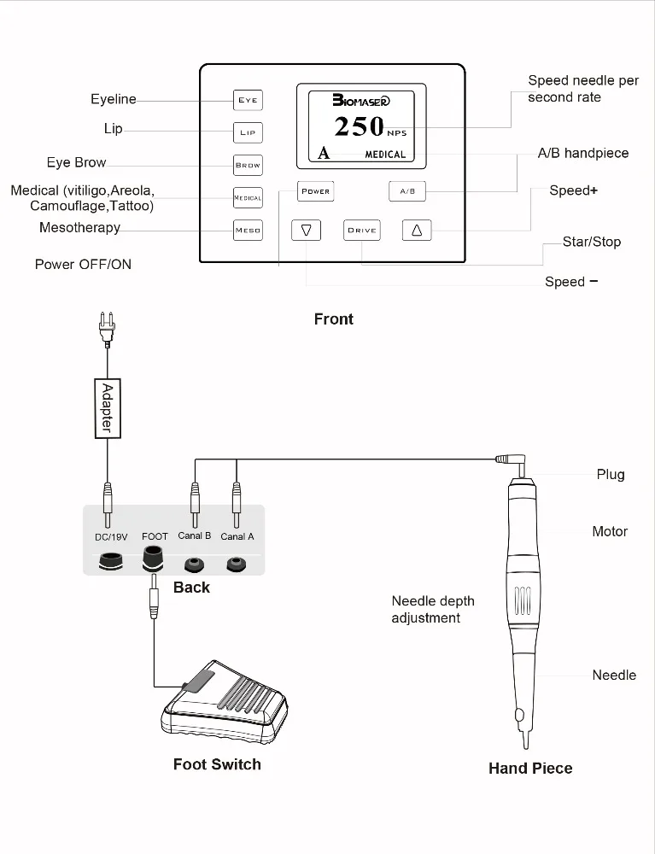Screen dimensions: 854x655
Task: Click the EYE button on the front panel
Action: pyautogui.click(x=248, y=100)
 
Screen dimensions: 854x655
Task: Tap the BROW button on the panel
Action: pyautogui.click(x=248, y=165)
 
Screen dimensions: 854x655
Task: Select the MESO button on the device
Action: pyautogui.click(x=248, y=230)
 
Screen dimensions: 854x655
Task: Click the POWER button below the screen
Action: pyautogui.click(x=315, y=191)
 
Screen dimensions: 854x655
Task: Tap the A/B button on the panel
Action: pyautogui.click(x=407, y=191)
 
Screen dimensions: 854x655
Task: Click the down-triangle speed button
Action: pyautogui.click(x=306, y=230)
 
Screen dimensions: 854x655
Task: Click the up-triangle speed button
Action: pyautogui.click(x=417, y=230)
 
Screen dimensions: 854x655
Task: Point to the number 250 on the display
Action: pyautogui.click(x=359, y=126)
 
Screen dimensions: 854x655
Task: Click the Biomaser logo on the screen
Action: pyautogui.click(x=361, y=100)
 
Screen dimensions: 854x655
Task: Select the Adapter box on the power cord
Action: pyautogui.click(x=108, y=407)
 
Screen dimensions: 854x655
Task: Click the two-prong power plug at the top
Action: pyautogui.click(x=107, y=330)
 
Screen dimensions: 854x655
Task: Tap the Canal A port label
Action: pyautogui.click(x=237, y=536)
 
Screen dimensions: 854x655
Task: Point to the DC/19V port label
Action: pyautogui.click(x=110, y=537)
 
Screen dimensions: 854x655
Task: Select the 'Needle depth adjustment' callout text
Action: pyautogui.click(x=433, y=609)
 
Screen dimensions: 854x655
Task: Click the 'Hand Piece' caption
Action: pyautogui.click(x=530, y=768)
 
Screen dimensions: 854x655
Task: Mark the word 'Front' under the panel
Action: pyautogui.click(x=333, y=319)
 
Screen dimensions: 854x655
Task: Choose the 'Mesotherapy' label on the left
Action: pyautogui.click(x=79, y=228)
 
